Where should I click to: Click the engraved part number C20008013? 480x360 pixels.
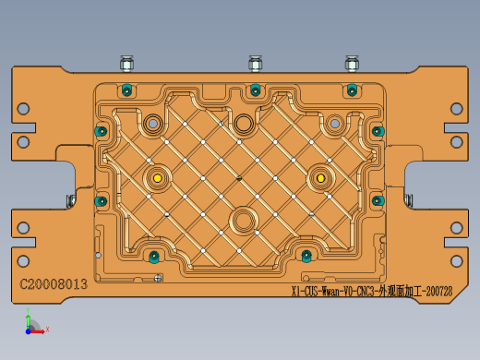(x=54, y=284)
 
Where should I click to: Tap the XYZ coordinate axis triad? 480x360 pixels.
(x=31, y=324)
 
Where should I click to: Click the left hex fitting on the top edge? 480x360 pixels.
(x=126, y=64)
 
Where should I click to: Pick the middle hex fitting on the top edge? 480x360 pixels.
(x=256, y=64)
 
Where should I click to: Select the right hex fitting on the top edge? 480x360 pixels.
(x=352, y=64)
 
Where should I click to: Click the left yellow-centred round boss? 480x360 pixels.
(x=158, y=177)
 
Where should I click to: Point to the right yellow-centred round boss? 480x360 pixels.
(x=321, y=177)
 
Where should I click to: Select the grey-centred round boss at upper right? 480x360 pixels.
(x=333, y=123)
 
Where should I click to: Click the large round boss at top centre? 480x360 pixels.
(x=244, y=123)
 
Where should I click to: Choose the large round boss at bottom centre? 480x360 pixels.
(x=244, y=221)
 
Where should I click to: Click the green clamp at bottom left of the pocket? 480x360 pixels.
(x=153, y=256)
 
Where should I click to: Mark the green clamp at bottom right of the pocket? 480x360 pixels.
(x=306, y=255)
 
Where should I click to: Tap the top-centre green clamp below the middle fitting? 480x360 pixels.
(x=256, y=90)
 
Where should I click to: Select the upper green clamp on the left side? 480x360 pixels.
(x=101, y=131)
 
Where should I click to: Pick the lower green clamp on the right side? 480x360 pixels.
(x=378, y=200)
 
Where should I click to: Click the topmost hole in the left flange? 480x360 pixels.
(x=23, y=109)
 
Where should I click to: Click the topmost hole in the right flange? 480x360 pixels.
(x=456, y=109)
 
